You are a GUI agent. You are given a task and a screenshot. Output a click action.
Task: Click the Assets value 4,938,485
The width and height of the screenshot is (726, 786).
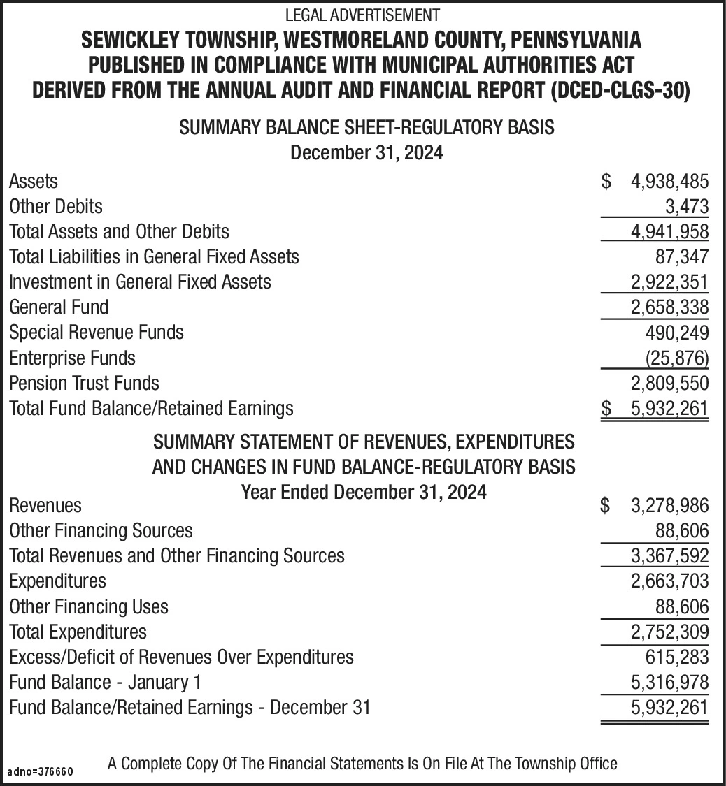(x=669, y=182)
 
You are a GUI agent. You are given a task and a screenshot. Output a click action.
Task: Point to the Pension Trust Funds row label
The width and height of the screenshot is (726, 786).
(x=84, y=383)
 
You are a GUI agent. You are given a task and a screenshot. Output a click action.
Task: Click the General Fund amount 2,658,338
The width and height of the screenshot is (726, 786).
(x=669, y=307)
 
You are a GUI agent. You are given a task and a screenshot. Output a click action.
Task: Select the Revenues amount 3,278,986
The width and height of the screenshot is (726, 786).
(x=669, y=505)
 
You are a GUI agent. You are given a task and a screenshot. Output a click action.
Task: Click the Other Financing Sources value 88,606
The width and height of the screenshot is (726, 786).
(x=681, y=531)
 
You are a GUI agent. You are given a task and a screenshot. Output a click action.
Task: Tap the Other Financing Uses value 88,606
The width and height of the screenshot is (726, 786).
(x=681, y=606)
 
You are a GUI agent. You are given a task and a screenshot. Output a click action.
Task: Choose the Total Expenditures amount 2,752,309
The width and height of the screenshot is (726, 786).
(x=669, y=632)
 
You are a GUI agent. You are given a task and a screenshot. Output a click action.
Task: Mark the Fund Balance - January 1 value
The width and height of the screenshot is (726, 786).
(x=669, y=683)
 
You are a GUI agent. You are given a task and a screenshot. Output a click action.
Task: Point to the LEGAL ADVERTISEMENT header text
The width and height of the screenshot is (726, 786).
(x=362, y=14)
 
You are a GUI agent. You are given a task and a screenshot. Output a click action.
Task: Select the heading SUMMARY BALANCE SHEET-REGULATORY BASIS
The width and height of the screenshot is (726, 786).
(x=366, y=128)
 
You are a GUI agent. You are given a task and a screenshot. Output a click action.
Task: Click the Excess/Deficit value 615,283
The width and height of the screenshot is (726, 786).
(x=676, y=657)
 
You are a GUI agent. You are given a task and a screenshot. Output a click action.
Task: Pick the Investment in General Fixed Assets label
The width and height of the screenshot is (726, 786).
(x=140, y=282)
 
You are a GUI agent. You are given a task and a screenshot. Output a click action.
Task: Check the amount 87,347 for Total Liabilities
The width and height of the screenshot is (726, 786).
(x=681, y=257)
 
